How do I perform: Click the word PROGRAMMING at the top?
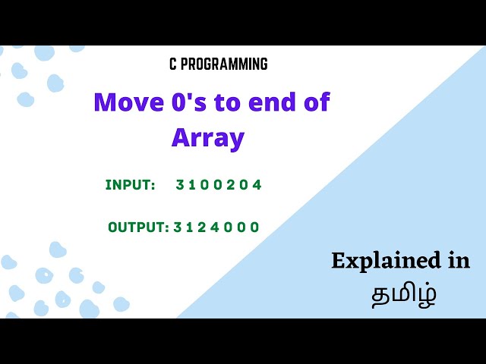[226, 64]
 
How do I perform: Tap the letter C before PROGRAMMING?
[173, 64]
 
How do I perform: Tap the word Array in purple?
[208, 138]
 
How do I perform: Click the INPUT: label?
[130, 185]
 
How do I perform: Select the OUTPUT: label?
[137, 227]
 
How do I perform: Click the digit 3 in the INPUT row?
[180, 185]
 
